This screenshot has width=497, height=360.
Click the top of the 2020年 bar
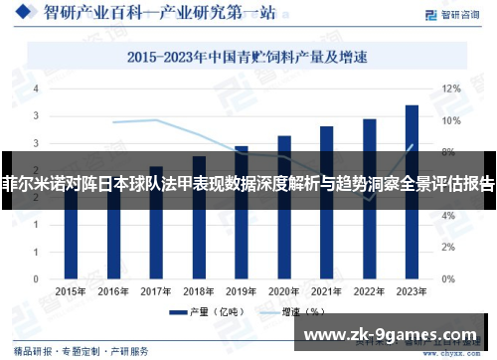tap(284, 137)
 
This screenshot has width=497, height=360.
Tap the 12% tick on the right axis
tap(451, 90)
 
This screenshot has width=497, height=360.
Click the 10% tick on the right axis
tap(451, 121)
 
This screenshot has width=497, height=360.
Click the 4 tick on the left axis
tap(37, 90)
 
